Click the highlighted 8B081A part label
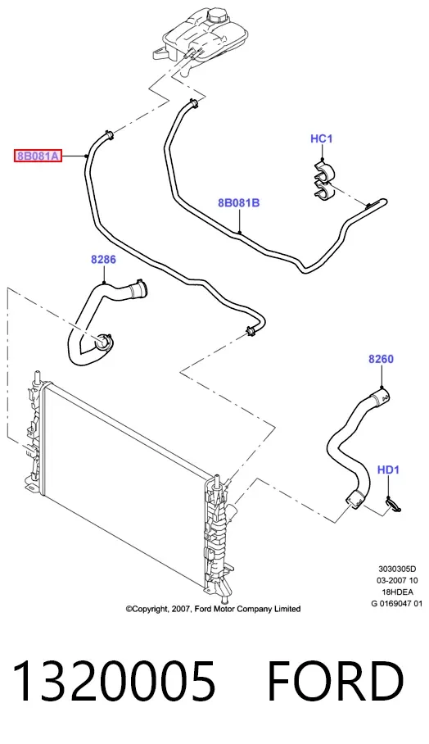38,156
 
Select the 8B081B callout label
239,203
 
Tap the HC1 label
322,138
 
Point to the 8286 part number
103,260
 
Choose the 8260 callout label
382,359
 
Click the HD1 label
388,470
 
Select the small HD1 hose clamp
392,506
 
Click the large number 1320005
114,681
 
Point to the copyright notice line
213,609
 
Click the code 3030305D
397,569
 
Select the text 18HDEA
397,592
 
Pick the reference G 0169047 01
397,604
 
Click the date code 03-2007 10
397,580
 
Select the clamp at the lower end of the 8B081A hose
251,330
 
